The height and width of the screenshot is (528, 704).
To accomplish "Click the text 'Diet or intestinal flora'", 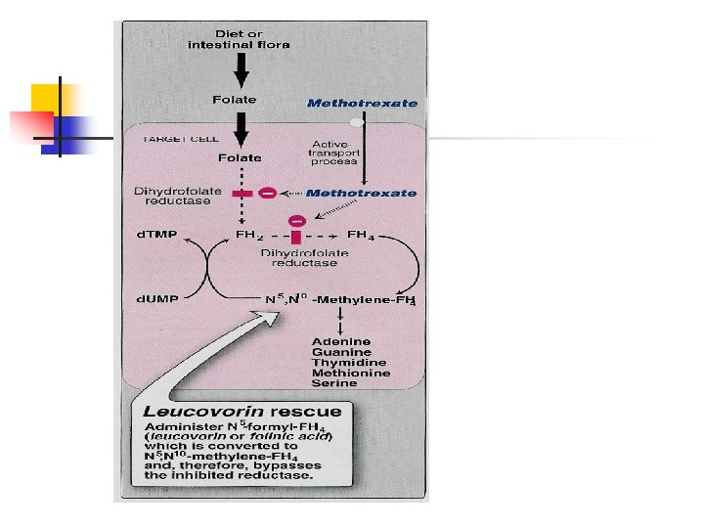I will click(239, 39).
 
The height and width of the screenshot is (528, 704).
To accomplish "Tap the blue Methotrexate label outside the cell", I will click(362, 103).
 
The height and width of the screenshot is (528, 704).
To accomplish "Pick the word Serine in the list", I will click(334, 383).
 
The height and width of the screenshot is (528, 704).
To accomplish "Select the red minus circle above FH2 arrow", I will click(296, 220).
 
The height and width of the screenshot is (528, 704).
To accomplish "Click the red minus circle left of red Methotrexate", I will click(267, 193).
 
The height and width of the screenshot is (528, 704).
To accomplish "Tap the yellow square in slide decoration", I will click(46, 99).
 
